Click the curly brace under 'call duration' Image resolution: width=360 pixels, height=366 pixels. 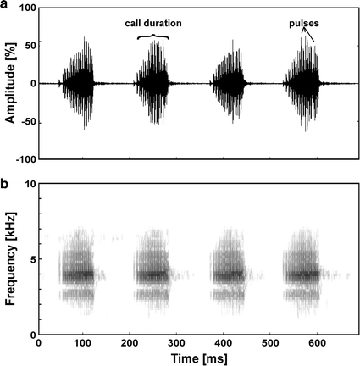tap(153, 36)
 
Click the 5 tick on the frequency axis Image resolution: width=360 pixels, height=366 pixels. tap(30, 259)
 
